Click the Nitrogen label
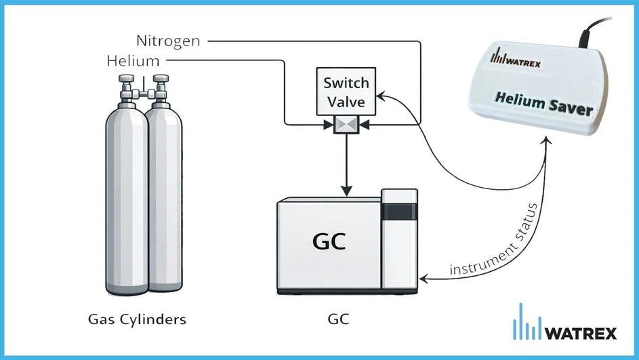(167, 41)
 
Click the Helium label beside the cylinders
(133, 62)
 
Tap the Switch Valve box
(346, 92)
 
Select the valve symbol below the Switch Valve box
(346, 124)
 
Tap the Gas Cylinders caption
(137, 318)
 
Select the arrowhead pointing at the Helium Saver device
(547, 139)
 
